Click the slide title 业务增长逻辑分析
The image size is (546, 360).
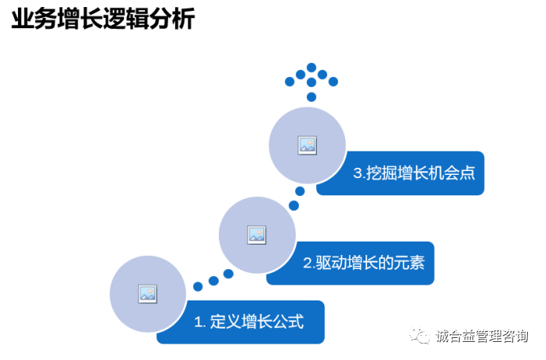[103, 20]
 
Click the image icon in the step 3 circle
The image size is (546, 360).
[307, 144]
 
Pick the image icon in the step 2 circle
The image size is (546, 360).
[257, 234]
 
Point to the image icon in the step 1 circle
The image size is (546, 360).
[147, 293]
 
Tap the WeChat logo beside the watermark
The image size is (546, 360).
[420, 336]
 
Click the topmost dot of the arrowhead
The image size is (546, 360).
[311, 67]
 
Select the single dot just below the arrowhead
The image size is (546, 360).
[311, 96]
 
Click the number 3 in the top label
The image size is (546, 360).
[357, 173]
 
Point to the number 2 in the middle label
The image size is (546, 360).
[308, 263]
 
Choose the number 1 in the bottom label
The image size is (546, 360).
[198, 322]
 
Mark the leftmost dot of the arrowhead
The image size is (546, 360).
[289, 82]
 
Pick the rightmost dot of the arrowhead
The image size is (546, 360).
[333, 82]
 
